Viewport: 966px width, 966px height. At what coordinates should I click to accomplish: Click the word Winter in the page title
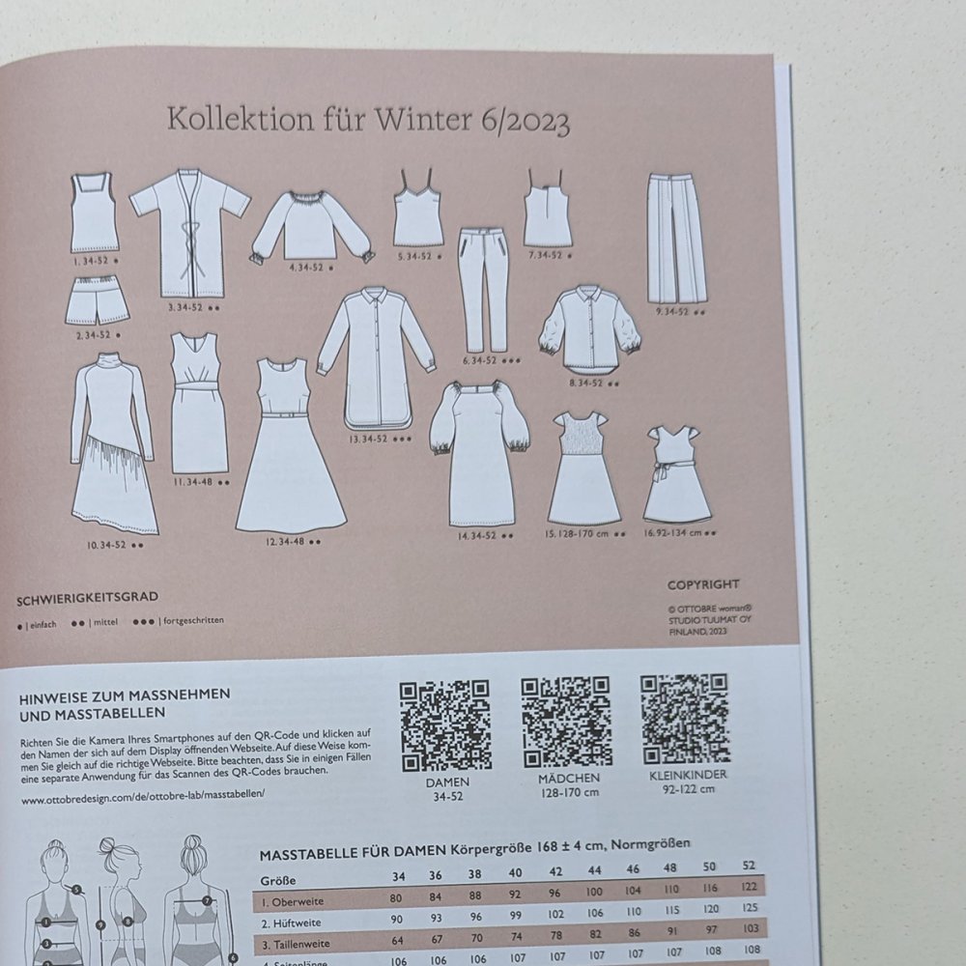pyautogui.click(x=421, y=122)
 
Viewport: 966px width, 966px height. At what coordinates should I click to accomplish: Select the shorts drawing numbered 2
pyautogui.click(x=97, y=299)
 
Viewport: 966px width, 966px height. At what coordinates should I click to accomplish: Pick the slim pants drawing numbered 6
pyautogui.click(x=482, y=289)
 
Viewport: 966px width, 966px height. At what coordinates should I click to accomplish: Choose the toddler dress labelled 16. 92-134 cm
pyautogui.click(x=677, y=473)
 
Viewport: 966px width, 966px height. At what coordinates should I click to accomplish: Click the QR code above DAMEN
pyautogui.click(x=445, y=725)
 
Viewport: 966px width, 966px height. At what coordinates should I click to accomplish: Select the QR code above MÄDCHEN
pyautogui.click(x=566, y=722)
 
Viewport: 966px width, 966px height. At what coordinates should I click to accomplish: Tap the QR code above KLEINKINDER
pyautogui.click(x=684, y=719)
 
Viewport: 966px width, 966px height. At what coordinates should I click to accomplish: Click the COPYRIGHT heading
pyautogui.click(x=703, y=584)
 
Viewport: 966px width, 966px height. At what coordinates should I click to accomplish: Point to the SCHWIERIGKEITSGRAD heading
pyautogui.click(x=87, y=598)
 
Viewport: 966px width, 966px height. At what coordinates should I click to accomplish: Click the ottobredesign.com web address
pyautogui.click(x=141, y=800)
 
